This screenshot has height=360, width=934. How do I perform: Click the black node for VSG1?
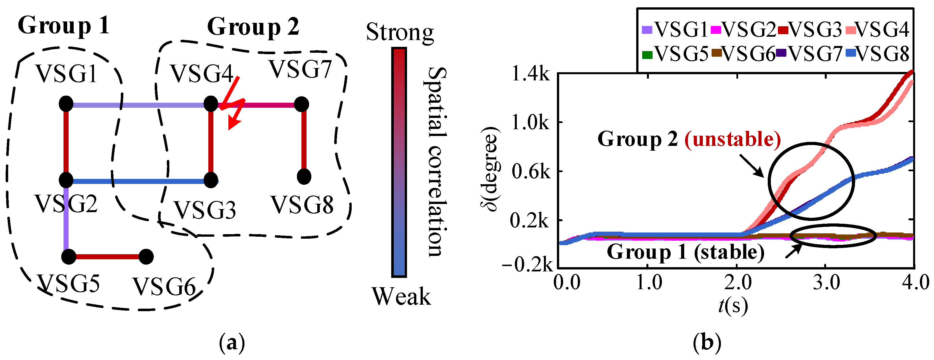pyautogui.click(x=66, y=104)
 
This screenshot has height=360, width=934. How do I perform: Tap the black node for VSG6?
pyautogui.click(x=146, y=257)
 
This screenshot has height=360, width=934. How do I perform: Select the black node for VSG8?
pyautogui.click(x=304, y=177)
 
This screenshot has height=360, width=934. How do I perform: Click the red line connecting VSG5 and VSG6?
pyautogui.click(x=107, y=257)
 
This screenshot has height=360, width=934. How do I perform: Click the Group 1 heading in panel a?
pyautogui.click(x=64, y=26)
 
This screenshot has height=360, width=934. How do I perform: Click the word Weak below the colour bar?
pyautogui.click(x=401, y=297)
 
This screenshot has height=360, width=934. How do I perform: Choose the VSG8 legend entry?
pyautogui.click(x=878, y=54)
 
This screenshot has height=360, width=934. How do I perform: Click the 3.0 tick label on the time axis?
pyautogui.click(x=826, y=282)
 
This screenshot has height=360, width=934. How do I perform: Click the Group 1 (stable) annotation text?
pyautogui.click(x=685, y=252)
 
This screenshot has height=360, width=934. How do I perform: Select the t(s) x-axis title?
pyautogui.click(x=733, y=306)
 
